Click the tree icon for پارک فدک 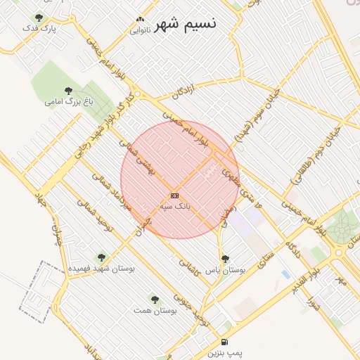38,18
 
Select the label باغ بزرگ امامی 68,101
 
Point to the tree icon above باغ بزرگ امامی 68,91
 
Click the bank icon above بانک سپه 174,195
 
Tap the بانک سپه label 175,207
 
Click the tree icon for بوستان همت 155,300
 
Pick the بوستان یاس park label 226,269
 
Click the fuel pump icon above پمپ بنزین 224,342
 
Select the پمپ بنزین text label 224,353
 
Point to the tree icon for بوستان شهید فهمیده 101,258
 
